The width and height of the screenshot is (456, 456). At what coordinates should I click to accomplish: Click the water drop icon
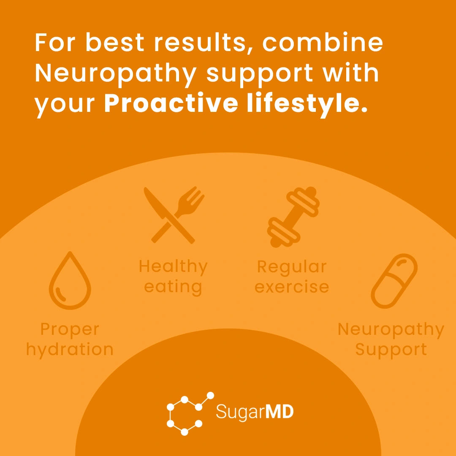coord(70,281)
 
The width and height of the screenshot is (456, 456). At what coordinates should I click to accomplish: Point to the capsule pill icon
coord(394,281)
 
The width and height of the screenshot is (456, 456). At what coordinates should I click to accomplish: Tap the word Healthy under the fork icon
coord(173,266)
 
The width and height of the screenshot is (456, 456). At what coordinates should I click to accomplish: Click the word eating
coord(173,287)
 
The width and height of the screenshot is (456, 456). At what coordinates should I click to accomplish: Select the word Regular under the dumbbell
coord(292,266)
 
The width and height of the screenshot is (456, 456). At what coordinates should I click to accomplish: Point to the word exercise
coord(292,287)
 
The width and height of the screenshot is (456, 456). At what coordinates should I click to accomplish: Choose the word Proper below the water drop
coord(70,329)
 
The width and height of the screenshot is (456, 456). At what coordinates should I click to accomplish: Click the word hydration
coord(70,350)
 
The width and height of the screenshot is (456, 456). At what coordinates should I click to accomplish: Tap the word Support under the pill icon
coord(391,350)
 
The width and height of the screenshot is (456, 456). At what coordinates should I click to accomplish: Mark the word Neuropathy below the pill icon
coord(391,329)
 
